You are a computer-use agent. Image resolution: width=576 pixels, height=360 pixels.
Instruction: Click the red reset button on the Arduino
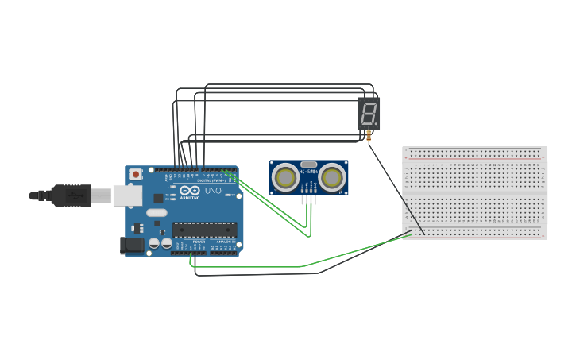click(x=136, y=174)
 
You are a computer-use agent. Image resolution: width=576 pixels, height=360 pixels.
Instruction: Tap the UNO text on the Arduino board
click(x=213, y=191)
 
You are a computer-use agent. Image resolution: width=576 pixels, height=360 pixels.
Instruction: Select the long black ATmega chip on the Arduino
click(x=204, y=230)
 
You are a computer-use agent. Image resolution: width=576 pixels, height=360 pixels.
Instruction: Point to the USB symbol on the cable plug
click(x=75, y=195)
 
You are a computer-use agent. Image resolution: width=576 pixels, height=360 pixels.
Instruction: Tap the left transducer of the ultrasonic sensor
click(x=284, y=178)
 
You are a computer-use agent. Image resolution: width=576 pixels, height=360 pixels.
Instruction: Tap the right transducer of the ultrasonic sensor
click(x=332, y=178)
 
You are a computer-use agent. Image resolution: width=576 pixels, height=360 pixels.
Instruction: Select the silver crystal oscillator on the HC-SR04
click(x=308, y=164)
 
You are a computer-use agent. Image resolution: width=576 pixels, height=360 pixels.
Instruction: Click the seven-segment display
click(x=369, y=114)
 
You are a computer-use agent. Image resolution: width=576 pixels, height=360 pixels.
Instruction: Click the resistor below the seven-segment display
click(x=369, y=137)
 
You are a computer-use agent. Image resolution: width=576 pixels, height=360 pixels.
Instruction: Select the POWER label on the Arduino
click(x=199, y=241)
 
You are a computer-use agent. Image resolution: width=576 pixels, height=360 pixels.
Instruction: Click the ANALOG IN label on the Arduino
click(x=225, y=241)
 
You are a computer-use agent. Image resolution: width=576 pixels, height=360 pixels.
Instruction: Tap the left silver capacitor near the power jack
click(x=155, y=244)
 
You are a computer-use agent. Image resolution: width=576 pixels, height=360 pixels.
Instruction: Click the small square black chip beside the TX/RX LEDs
click(x=158, y=198)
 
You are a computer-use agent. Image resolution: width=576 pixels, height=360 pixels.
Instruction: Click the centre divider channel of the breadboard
click(x=474, y=193)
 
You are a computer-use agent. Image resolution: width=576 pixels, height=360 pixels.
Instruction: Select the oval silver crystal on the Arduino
click(x=157, y=212)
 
